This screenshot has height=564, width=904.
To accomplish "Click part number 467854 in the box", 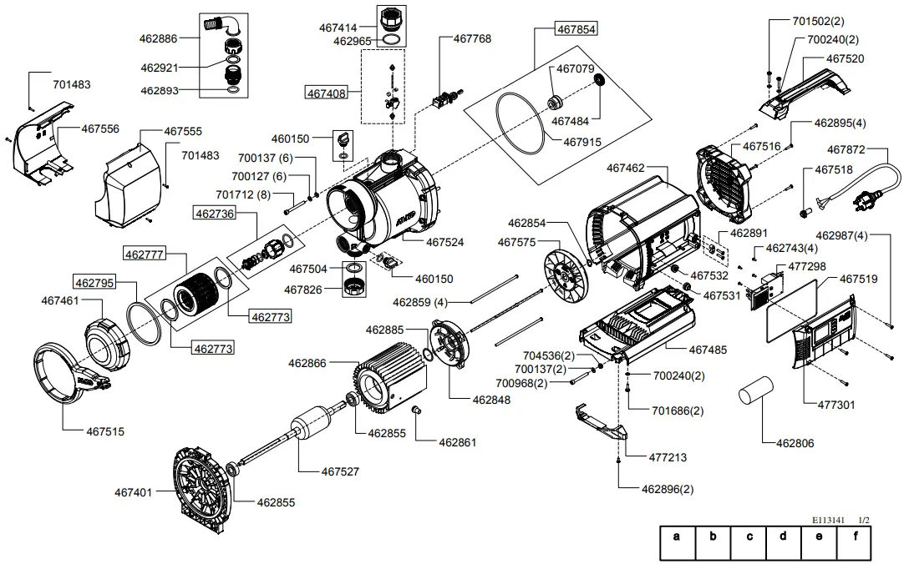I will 577,29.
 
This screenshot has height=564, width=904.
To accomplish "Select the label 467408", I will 327,93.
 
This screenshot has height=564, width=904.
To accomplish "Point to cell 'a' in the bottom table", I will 676,536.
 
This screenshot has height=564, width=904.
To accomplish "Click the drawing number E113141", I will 828,519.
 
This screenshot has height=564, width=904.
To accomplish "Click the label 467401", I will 134,492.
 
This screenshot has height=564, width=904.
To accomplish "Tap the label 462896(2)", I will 668,489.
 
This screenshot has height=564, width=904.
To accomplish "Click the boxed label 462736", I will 214,214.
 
